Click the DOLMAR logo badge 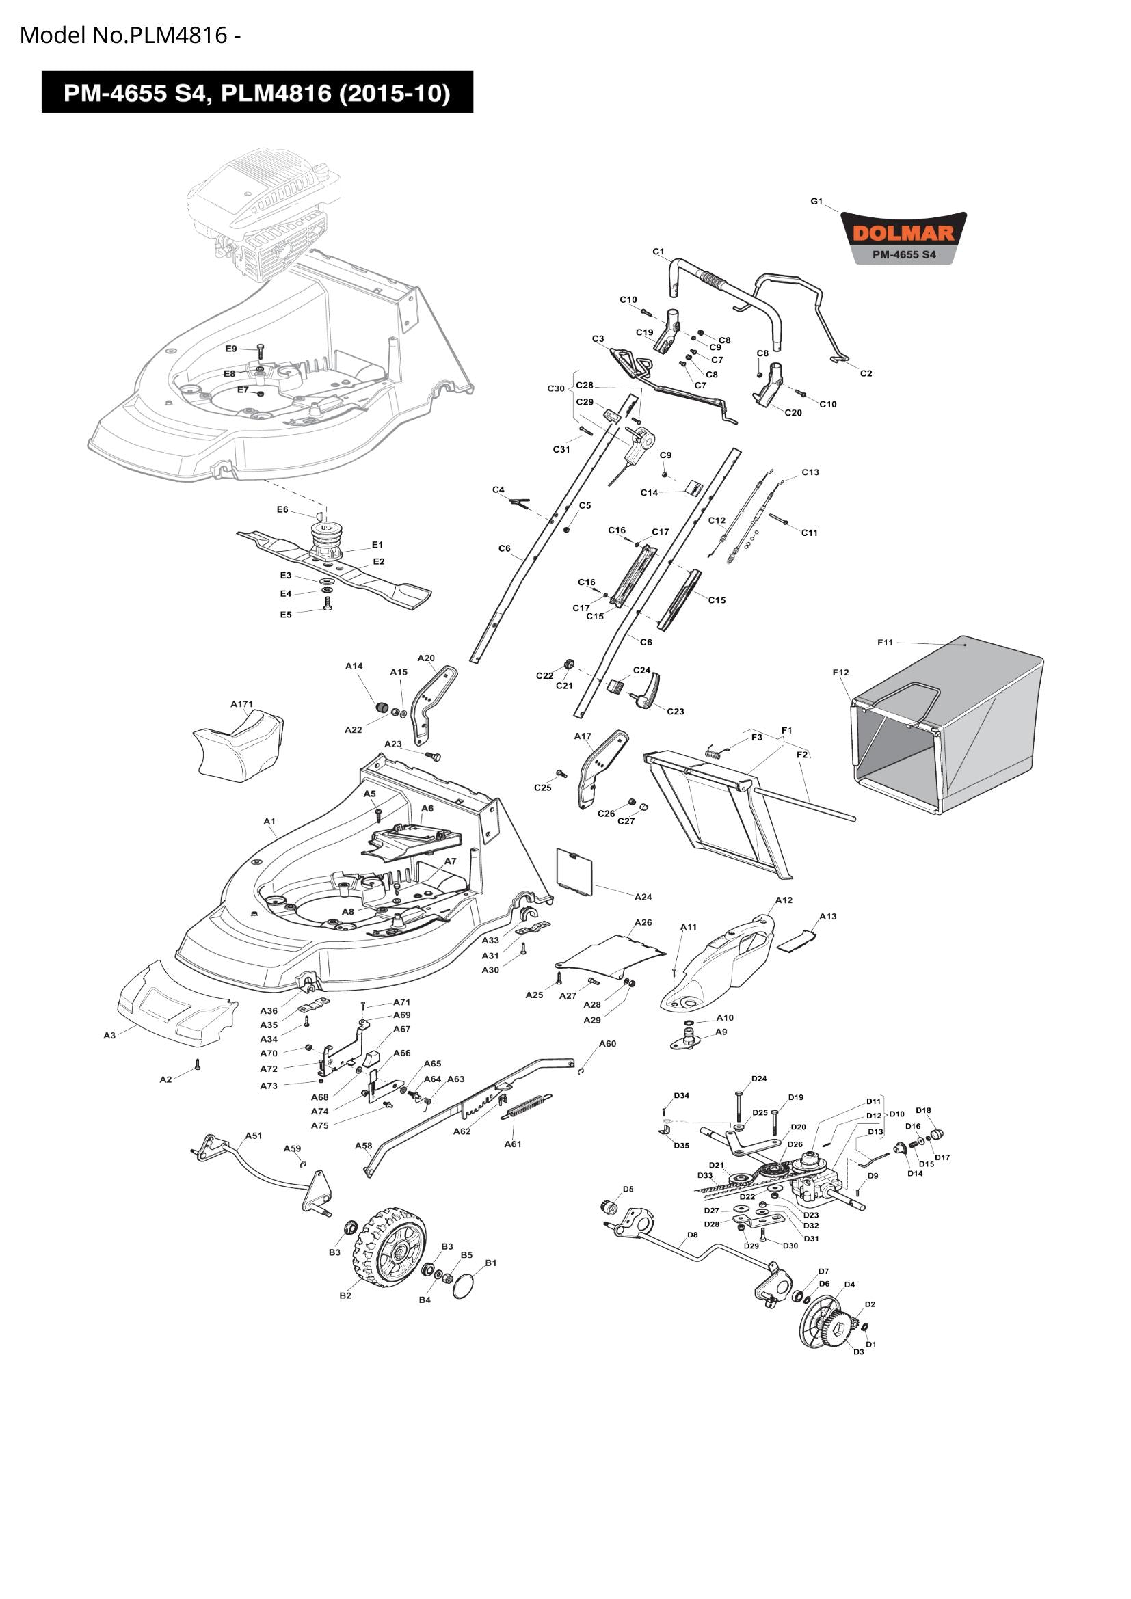[904, 237]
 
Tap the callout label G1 [816, 201]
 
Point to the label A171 [241, 704]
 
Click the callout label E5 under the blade [286, 615]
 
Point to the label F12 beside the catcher [840, 672]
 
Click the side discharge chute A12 [721, 962]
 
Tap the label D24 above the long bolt [759, 1079]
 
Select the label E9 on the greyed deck [231, 348]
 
